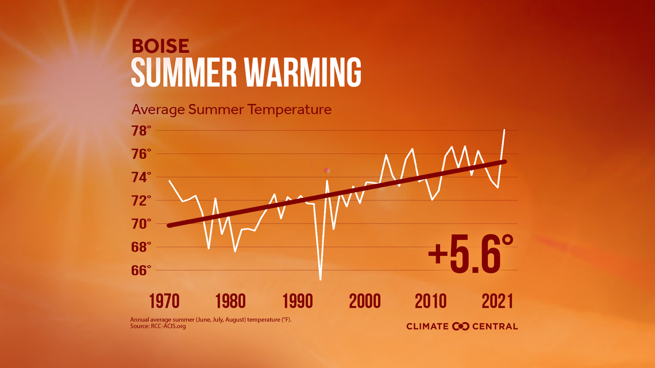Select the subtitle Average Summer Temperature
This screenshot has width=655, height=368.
tap(232, 109)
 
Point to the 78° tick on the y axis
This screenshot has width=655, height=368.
tap(141, 131)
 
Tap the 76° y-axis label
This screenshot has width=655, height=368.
tap(141, 154)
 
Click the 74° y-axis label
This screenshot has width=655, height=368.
tap(141, 177)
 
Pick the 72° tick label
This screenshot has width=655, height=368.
tap(141, 200)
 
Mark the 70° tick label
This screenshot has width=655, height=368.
tap(141, 223)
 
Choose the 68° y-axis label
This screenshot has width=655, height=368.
tap(141, 247)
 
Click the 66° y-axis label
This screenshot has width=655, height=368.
tap(141, 270)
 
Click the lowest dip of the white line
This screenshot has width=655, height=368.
tap(320, 279)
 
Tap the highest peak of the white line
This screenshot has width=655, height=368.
tap(504, 130)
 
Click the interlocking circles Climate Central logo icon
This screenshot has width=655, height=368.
tap(461, 326)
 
